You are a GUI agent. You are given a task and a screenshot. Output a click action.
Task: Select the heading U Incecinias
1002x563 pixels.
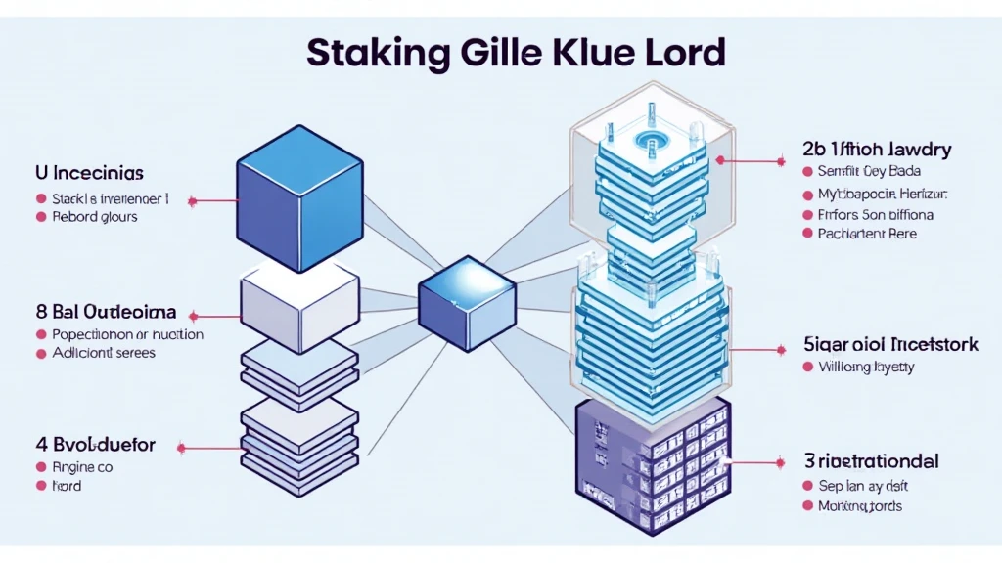(89, 173)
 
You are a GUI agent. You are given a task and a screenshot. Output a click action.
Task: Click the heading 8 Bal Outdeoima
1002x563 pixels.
(106, 313)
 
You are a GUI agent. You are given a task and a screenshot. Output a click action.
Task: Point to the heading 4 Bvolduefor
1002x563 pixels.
(96, 445)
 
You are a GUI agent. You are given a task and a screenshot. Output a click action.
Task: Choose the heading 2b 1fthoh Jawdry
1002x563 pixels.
(877, 150)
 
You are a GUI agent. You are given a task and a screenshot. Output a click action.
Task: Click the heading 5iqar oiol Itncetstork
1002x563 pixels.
(889, 344)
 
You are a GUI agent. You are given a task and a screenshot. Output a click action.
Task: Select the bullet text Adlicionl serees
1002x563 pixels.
(103, 353)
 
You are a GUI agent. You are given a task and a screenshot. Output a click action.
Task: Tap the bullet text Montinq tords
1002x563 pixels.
(859, 506)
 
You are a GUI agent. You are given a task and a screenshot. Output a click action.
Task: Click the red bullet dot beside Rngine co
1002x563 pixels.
(41, 467)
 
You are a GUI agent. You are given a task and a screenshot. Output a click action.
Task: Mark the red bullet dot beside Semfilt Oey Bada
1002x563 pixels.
(808, 171)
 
